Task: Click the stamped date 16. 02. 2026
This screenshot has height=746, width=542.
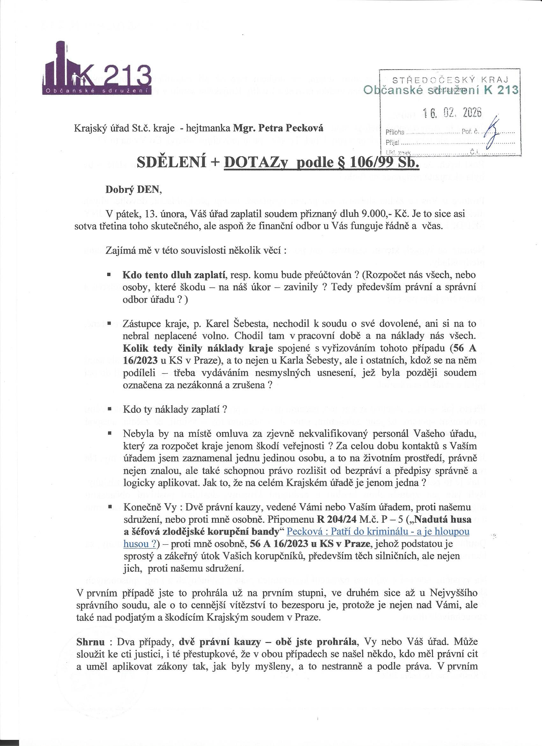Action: click(x=453, y=113)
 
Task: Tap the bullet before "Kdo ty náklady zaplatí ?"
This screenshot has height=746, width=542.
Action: click(x=108, y=409)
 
